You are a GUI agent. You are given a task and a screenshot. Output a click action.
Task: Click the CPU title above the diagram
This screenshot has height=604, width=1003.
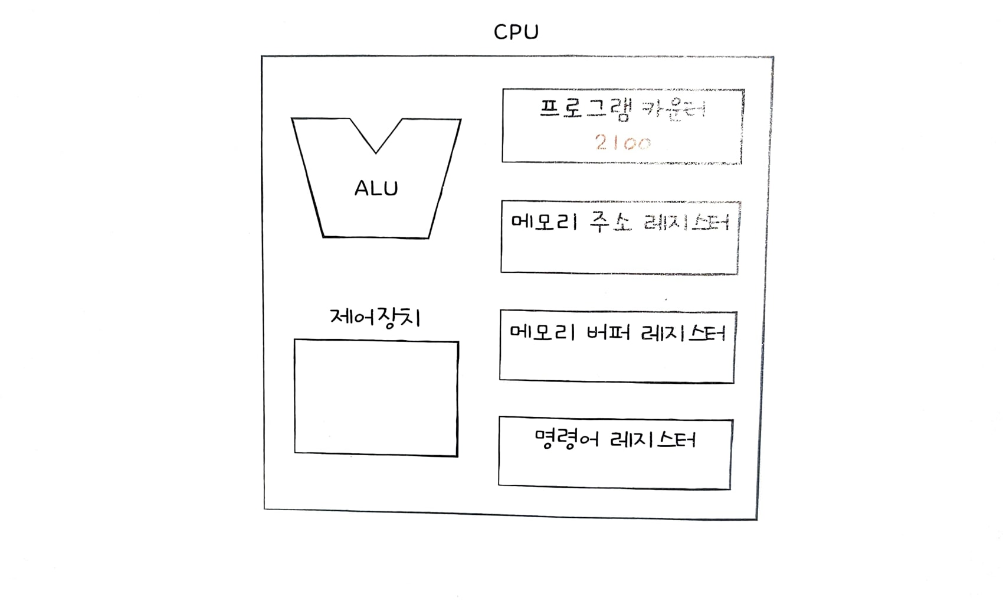(516, 32)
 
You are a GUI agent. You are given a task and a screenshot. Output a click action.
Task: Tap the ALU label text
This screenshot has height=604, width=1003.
(376, 188)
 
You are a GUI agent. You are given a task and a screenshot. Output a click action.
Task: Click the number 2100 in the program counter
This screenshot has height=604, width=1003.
(623, 142)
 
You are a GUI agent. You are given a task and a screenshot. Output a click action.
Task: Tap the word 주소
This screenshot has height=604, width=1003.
(610, 223)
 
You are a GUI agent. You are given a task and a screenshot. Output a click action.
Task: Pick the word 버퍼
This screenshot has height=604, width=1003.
(608, 333)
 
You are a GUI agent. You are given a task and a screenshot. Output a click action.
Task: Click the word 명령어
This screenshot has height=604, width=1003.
(566, 439)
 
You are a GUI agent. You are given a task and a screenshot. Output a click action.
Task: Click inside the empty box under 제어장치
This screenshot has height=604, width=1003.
(376, 398)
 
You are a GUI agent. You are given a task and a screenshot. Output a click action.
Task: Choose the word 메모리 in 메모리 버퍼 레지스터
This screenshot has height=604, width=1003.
(542, 333)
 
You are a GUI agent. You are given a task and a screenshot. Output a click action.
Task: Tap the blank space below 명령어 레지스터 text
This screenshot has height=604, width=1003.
(614, 469)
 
